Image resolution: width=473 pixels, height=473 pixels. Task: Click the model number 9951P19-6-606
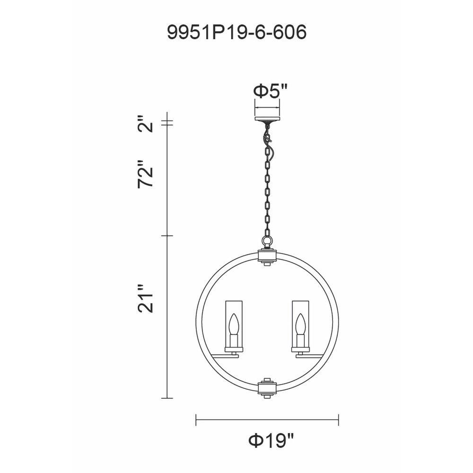[x=237, y=32]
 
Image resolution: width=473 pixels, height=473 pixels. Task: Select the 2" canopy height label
[x=145, y=123]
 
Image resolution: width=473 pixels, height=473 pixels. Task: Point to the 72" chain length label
[x=145, y=175]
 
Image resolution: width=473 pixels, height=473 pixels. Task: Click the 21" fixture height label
[x=145, y=298]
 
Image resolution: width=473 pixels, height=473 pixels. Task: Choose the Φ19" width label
[x=271, y=441]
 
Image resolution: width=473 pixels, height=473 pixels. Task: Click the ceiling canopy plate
[x=267, y=119]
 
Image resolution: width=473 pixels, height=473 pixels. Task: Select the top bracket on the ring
[x=267, y=256]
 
